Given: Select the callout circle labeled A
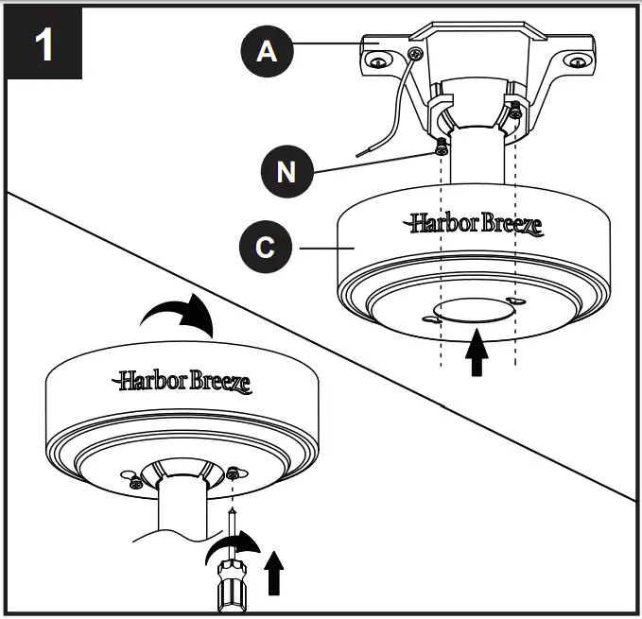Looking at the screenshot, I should coord(269,52).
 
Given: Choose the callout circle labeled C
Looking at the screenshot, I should coord(269,248).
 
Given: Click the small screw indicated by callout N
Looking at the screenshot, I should coord(441,147).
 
